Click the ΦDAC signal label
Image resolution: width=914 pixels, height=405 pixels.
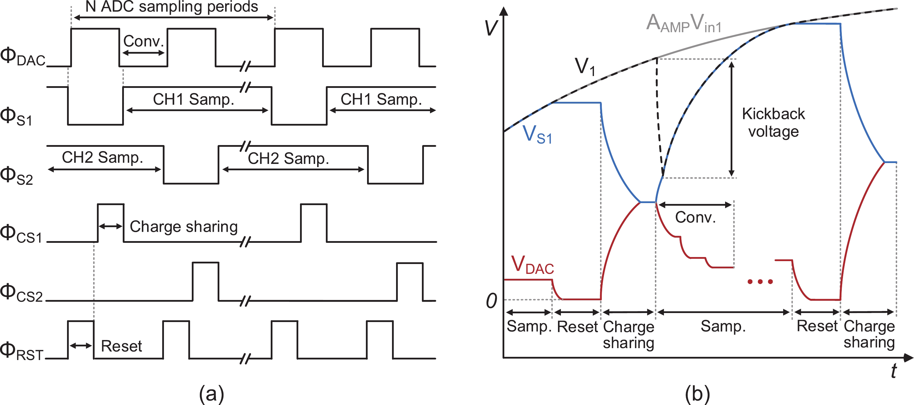click(x=23, y=57)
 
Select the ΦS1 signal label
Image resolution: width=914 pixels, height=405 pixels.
click(x=16, y=117)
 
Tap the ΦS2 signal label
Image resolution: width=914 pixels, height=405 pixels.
click(x=16, y=176)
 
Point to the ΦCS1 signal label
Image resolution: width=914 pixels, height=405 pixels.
click(x=21, y=234)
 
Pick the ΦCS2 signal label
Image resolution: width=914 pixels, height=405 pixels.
click(x=21, y=293)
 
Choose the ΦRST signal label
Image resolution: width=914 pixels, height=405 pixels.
click(x=22, y=351)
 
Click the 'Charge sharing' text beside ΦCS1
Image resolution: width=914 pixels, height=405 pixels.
click(x=183, y=227)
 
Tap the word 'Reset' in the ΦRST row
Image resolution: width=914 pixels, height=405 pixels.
click(x=121, y=346)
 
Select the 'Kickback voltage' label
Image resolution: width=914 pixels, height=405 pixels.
click(x=774, y=123)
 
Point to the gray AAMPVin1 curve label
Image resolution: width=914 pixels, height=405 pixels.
click(x=684, y=23)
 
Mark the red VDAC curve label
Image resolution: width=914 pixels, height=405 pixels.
click(x=532, y=265)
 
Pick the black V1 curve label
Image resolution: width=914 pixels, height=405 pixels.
click(x=585, y=66)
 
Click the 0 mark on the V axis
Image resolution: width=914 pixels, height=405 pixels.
click(x=492, y=301)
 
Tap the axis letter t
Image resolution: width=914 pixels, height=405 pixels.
click(x=894, y=370)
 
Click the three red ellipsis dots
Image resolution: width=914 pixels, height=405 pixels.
click(x=760, y=282)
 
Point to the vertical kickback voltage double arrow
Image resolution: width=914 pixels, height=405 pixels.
click(x=731, y=118)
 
